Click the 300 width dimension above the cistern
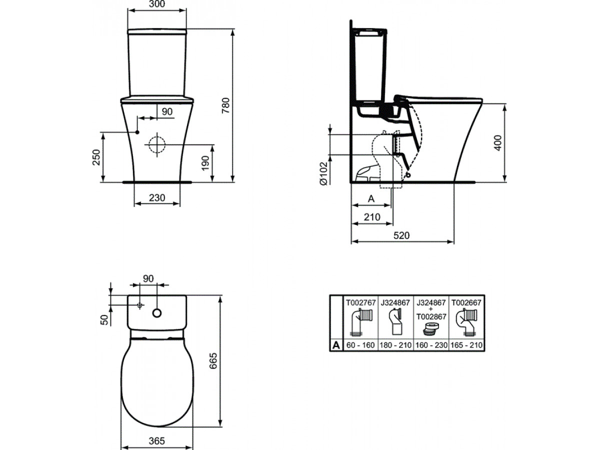[x=157, y=4]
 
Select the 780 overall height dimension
[x=225, y=105]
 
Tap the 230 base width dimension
[x=157, y=197]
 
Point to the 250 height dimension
[x=96, y=157]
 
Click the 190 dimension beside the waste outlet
[x=205, y=163]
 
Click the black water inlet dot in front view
[x=137, y=132]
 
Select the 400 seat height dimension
[x=498, y=143]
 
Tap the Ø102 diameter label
[x=323, y=173]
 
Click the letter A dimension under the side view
[x=371, y=198]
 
